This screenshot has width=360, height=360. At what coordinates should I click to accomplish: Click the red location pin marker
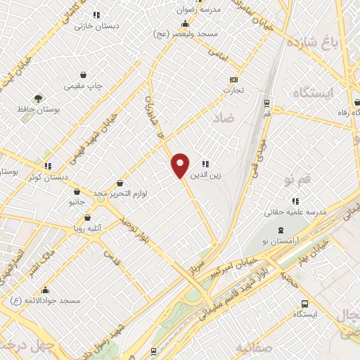point(180,165)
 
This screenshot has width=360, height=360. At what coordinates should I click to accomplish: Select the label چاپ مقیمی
point(83,86)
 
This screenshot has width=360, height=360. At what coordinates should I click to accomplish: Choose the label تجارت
point(233,90)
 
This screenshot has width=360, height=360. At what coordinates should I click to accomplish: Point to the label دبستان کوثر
point(48,176)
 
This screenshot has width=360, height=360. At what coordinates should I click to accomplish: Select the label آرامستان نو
point(281,241)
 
